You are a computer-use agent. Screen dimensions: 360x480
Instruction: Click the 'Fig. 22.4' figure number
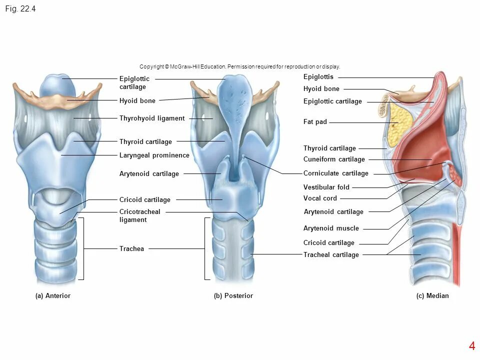(20, 9)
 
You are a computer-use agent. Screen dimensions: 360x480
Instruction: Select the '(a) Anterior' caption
(53, 296)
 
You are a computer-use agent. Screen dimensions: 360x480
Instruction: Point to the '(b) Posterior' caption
(233, 296)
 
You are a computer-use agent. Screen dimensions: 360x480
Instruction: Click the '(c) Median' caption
(432, 296)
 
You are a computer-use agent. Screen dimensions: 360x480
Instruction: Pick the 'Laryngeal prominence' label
(154, 155)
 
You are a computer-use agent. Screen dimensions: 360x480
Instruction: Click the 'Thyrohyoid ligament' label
(152, 118)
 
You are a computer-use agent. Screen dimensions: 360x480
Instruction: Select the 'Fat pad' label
(315, 122)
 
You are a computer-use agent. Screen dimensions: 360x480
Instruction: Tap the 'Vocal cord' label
(320, 198)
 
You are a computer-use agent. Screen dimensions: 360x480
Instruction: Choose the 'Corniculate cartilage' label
(335, 173)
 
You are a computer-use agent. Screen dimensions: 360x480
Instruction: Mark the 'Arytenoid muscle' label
(331, 228)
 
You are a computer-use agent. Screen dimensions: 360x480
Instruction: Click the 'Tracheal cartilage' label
(331, 255)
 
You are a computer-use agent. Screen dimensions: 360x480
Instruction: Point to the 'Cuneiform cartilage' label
(334, 159)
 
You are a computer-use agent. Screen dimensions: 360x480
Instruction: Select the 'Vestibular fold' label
(326, 187)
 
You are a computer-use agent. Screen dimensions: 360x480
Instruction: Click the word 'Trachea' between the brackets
(131, 249)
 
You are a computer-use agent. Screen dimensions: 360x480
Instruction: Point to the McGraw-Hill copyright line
(240, 66)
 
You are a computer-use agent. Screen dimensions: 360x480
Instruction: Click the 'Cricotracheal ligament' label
(139, 215)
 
